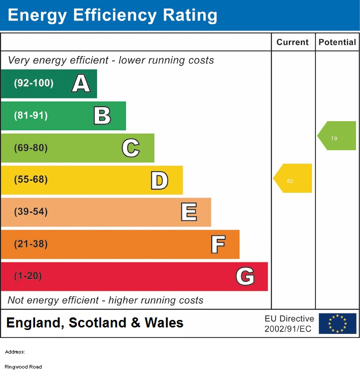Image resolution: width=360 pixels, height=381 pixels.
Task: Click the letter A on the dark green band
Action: point(81,84)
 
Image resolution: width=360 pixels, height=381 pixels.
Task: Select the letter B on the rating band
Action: point(102,116)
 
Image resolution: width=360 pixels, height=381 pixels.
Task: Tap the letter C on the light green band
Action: point(131,148)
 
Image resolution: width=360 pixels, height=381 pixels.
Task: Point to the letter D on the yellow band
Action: point(159,180)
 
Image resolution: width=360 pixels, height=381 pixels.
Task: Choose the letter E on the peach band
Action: point(188,212)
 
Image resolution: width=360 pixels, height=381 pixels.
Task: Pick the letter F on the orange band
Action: point(217,244)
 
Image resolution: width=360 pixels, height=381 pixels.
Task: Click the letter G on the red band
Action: point(245,276)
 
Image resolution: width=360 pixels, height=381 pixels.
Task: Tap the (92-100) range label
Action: point(34,83)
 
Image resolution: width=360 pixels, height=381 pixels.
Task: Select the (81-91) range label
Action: point(31,116)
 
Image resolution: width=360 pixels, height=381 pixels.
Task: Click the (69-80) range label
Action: point(31,148)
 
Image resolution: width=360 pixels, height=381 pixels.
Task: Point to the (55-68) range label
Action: point(31,180)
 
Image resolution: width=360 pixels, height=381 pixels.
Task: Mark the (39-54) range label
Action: point(31,212)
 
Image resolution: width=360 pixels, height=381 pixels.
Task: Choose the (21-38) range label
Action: point(31,244)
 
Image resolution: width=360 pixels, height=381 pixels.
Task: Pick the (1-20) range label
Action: point(28,276)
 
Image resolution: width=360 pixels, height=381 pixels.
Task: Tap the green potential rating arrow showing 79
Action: point(337,136)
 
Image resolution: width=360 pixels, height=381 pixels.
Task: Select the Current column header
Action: point(292,43)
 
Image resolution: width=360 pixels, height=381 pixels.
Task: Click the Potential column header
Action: point(337,43)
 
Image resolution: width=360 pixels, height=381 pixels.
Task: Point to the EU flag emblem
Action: point(337,323)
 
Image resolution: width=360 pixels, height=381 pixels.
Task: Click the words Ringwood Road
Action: point(24,367)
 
